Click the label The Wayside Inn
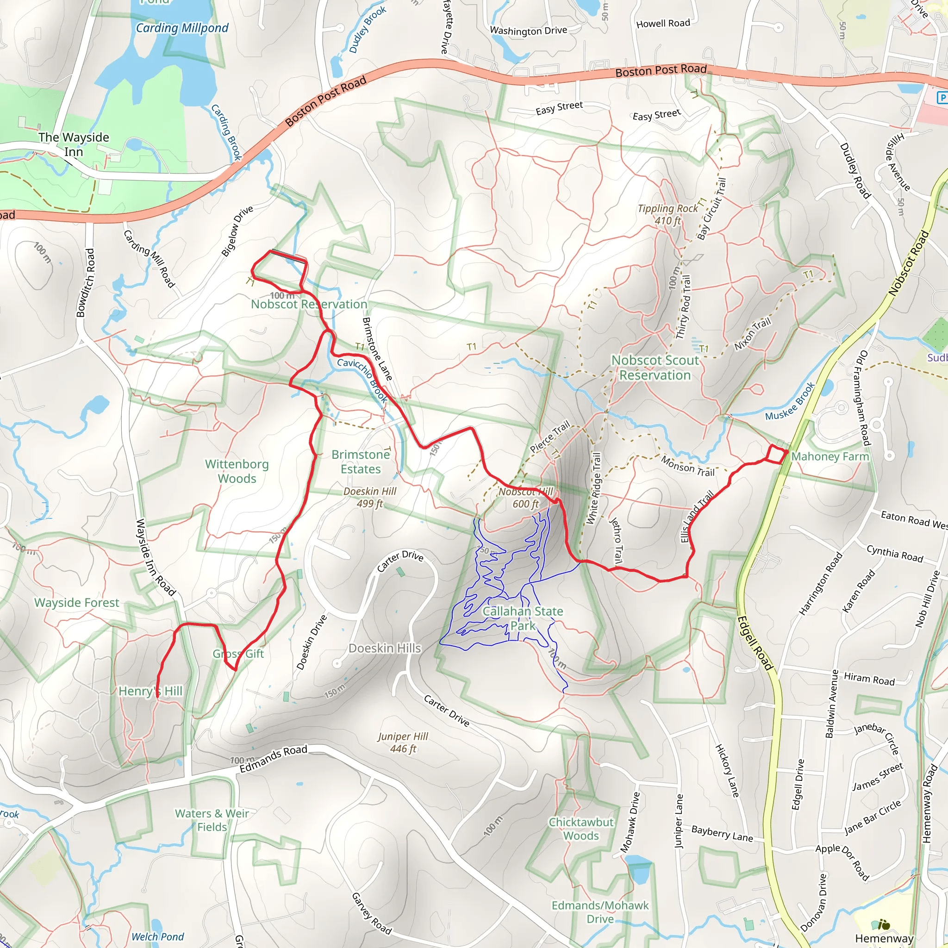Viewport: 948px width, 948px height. [74, 144]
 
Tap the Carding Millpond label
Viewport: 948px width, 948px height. [182, 28]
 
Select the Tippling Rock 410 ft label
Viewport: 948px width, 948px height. [667, 214]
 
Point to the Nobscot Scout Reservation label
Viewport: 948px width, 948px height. [655, 368]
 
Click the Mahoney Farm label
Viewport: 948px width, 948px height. [830, 456]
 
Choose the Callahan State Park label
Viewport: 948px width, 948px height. [523, 618]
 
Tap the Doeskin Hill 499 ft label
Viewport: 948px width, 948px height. [369, 497]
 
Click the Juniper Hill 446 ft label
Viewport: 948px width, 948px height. [403, 742]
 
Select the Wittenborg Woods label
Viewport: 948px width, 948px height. [237, 471]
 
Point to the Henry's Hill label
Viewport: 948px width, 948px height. [150, 691]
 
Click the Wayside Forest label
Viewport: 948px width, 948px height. [76, 603]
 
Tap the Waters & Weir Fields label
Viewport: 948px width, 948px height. [212, 820]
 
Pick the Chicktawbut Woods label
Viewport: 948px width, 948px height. [581, 829]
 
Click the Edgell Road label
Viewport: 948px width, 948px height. [755, 643]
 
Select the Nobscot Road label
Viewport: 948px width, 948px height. [908, 263]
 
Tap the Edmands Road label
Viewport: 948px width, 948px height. [273, 759]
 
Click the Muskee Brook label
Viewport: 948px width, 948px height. [790, 402]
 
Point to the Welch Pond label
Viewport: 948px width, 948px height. [157, 936]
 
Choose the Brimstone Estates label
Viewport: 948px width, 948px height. [361, 462]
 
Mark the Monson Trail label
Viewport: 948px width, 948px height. [687, 466]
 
